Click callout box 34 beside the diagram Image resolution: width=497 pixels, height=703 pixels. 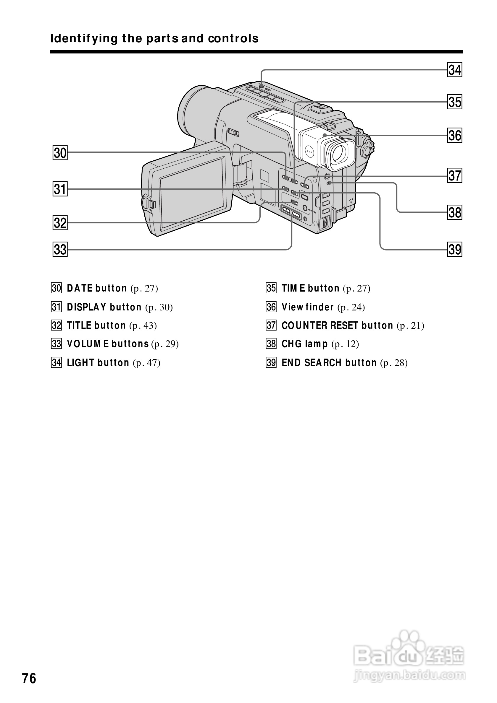tap(455, 70)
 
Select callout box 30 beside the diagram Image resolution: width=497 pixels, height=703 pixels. tap(60, 152)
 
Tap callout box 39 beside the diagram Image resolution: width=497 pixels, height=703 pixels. tap(455, 249)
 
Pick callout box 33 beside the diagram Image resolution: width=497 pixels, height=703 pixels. tap(60, 249)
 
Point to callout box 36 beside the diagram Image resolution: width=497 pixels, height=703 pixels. tap(455, 135)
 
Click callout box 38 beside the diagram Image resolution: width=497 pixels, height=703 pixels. tap(455, 212)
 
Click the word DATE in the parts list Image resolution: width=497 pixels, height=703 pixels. tap(80, 288)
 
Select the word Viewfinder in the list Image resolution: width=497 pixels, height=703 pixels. tap(308, 307)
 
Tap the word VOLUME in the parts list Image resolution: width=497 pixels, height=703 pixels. tap(88, 344)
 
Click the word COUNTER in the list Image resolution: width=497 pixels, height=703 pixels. tap(304, 325)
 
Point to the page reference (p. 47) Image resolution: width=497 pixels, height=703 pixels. tap(146, 363)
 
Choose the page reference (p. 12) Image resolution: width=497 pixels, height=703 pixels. tap(345, 344)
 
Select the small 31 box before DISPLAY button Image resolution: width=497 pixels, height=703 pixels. tap(57, 307)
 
